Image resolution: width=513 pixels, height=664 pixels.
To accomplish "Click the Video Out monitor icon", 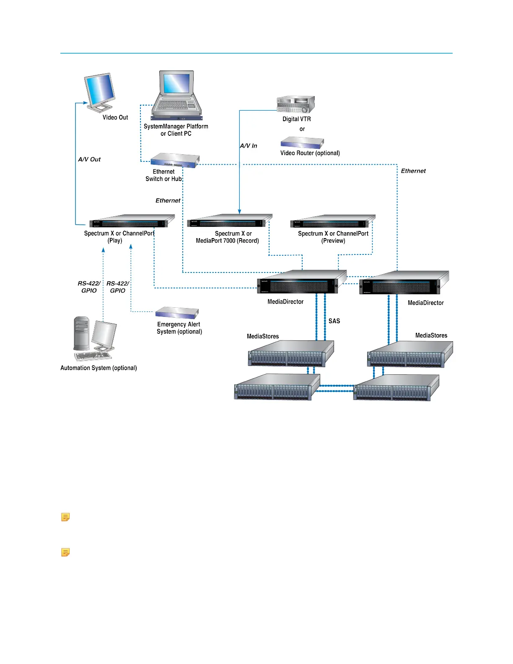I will coord(100,92).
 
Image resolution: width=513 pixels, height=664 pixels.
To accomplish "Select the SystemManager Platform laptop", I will coord(176,94).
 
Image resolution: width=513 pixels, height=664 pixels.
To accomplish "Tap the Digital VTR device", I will coord(295,104).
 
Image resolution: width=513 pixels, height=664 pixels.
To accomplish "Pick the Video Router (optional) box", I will coord(302,143).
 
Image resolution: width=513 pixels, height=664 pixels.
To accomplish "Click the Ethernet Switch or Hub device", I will coord(174,160).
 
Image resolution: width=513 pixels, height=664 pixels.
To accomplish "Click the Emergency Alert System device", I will coord(176,313).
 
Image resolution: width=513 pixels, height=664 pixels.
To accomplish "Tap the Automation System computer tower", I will coord(81,333).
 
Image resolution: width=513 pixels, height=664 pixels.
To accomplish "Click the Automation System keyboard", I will coord(93,356).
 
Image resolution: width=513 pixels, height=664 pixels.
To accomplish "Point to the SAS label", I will coord(334,321).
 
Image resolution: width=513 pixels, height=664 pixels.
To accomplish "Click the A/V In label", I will coord(249,146).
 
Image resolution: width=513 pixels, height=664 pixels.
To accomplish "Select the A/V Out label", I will coord(89,159).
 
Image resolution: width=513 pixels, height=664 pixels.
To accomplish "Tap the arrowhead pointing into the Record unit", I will coord(239,212).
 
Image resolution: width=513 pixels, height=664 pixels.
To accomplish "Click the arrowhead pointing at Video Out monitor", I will coord(86,103).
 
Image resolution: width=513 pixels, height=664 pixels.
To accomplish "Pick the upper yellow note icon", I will coord(65,517).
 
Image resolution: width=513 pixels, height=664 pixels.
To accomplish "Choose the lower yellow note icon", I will coord(65,552).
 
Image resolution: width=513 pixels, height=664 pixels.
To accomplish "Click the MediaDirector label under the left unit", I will coord(285,302).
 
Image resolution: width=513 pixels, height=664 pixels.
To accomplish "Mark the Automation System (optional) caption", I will coord(98,368).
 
